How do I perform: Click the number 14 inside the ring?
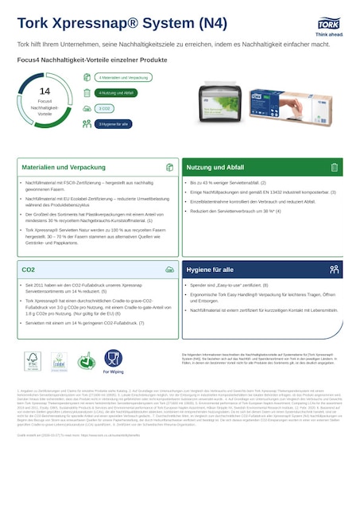pos(45,92)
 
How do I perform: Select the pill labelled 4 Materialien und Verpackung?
pos(124,78)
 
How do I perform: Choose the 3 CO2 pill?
pos(104,108)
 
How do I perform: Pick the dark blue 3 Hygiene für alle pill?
pos(113,124)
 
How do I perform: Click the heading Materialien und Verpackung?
pos(55,168)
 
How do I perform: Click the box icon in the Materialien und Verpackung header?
pos(169,168)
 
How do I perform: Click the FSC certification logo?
pos(32,362)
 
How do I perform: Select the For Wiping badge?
pos(113,362)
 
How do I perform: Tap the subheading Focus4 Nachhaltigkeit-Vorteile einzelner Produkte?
pos(92,60)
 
